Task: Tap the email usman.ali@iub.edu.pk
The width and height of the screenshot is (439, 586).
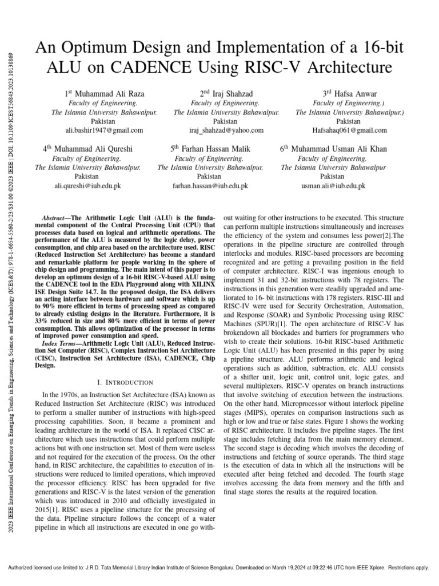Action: (333, 186)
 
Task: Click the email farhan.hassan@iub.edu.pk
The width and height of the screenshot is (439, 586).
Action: (210, 186)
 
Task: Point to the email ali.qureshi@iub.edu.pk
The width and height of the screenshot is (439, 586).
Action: (87, 186)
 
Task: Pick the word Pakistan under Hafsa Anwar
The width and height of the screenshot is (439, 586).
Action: (348, 121)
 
